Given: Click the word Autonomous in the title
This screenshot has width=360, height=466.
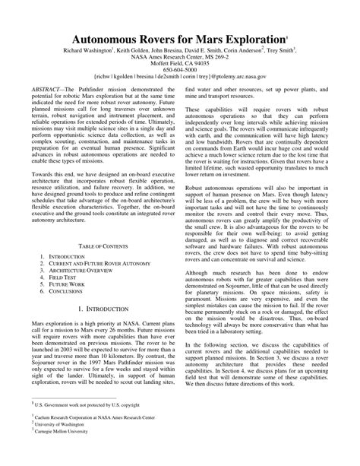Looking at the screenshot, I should [x=111, y=40].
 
